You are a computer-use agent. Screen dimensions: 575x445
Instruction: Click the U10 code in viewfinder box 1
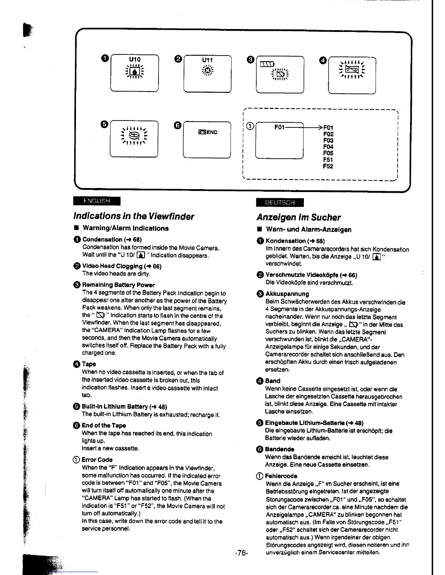coord(135,59)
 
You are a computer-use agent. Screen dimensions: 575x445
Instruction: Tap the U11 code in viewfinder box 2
coord(207,60)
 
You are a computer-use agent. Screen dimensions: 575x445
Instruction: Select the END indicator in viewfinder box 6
coord(208,132)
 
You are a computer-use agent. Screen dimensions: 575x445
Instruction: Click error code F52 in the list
coord(328,166)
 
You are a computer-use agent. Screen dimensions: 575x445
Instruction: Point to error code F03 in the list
coord(328,140)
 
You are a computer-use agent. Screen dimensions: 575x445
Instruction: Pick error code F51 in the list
coord(328,160)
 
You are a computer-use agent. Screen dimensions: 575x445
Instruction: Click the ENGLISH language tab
coord(96,201)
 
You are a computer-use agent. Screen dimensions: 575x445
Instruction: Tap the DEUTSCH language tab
coord(280,202)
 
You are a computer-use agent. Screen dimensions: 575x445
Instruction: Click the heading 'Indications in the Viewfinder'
coord(133,216)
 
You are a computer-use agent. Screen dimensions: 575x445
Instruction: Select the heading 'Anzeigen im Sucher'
coord(298,217)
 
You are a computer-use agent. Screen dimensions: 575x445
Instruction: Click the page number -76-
coord(241,553)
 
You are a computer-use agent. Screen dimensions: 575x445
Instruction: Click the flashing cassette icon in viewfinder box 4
coord(352,69)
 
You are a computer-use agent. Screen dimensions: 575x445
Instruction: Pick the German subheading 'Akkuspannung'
coord(287,294)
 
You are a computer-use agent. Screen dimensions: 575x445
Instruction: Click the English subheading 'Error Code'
coord(97,460)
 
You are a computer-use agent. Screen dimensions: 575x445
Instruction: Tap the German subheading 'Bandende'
coord(280,449)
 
